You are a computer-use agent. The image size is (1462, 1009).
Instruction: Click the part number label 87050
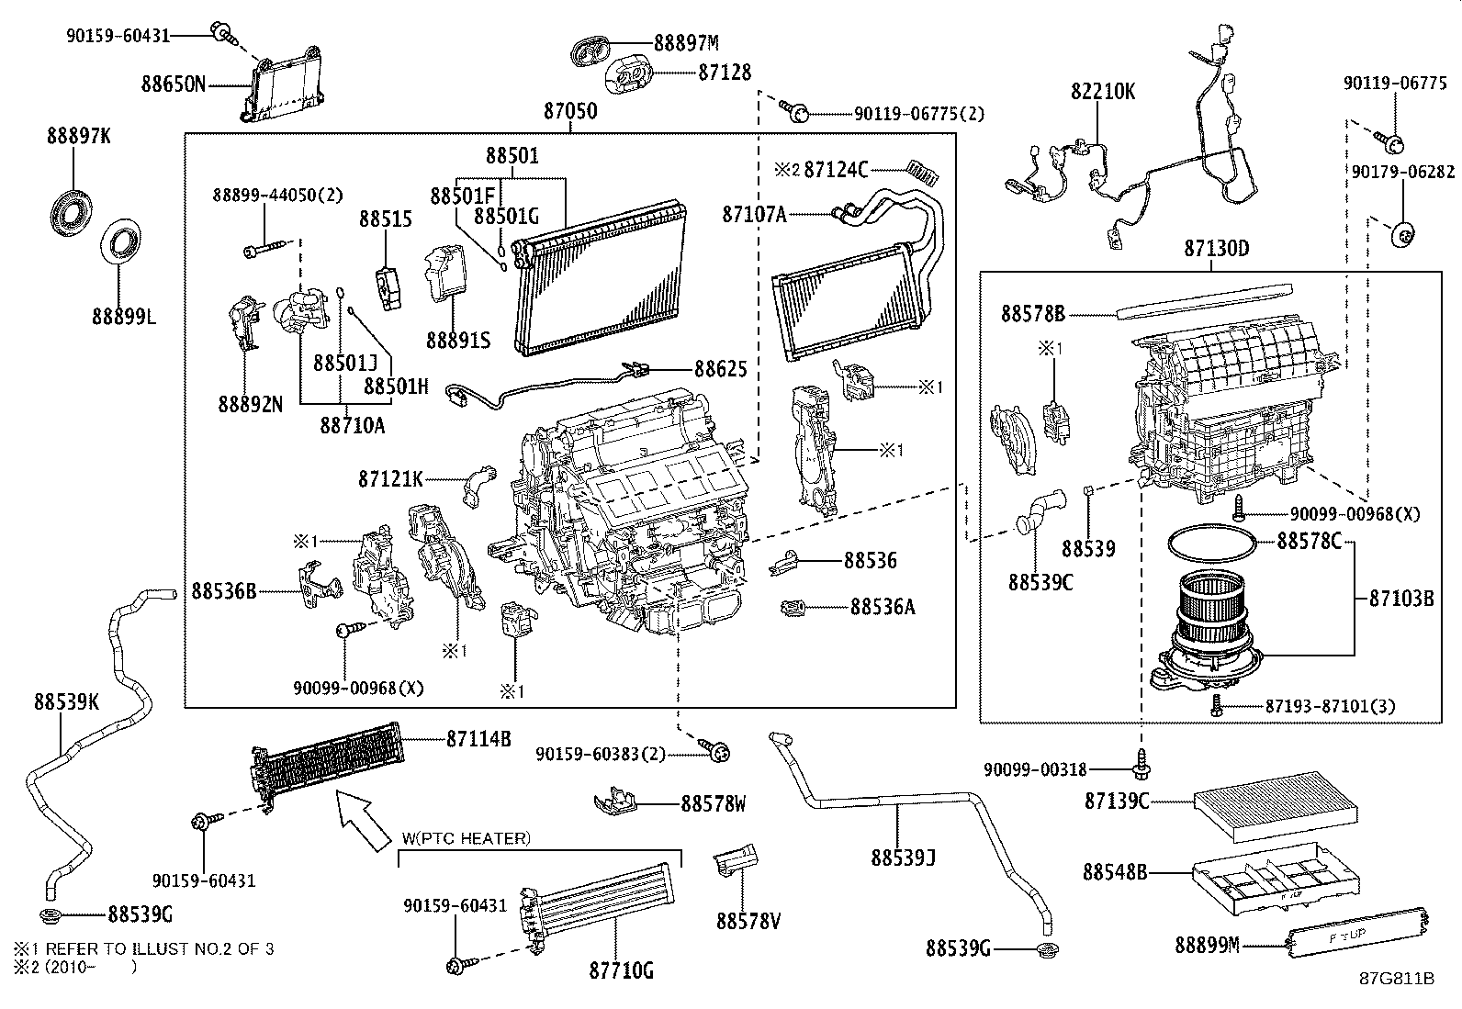click(569, 111)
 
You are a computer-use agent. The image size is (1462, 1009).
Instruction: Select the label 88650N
click(173, 84)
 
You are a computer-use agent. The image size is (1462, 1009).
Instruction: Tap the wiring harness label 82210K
click(1103, 92)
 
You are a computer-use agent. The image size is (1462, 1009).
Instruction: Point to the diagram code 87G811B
click(1397, 978)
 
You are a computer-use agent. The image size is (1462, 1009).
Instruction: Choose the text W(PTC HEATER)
click(466, 838)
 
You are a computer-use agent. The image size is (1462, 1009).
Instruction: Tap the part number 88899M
click(1207, 945)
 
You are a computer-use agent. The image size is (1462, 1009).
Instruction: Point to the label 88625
click(720, 369)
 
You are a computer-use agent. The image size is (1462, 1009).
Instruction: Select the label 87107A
click(754, 214)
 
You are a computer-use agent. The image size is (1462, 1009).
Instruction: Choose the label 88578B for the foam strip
click(1032, 314)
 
